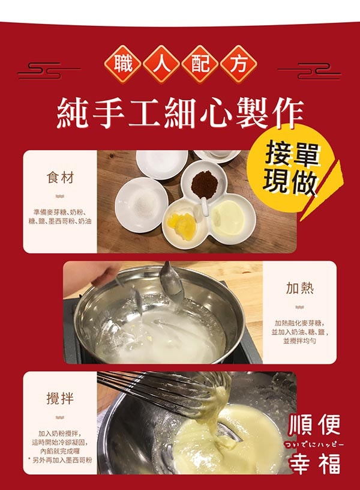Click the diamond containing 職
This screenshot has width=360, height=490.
[123, 64]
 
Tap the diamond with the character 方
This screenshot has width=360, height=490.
[239, 64]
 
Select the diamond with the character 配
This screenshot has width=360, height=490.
[200, 64]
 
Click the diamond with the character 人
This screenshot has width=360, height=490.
[161, 64]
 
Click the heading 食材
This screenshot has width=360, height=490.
[59, 178]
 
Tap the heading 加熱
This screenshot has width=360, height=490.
[300, 288]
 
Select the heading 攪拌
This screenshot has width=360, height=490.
[59, 399]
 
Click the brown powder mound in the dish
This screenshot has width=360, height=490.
[205, 184]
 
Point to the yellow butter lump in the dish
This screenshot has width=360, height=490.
[181, 222]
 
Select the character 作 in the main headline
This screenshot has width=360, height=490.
[287, 113]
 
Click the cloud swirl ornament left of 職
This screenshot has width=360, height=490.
[49, 71]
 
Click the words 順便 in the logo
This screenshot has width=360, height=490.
[314, 425]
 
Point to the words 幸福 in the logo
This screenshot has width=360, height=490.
[314, 462]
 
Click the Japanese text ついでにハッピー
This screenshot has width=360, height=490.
[313, 444]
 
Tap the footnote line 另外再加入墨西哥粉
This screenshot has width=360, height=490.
[60, 460]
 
